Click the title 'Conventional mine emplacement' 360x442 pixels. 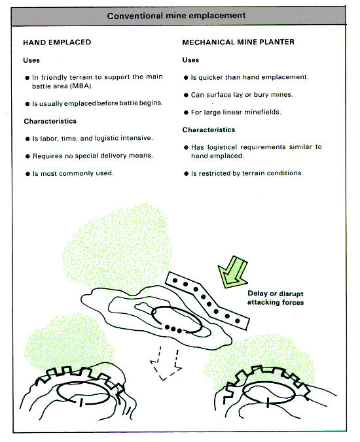(176, 16)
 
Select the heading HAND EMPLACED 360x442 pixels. (57, 42)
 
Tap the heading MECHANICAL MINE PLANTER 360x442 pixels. (238, 42)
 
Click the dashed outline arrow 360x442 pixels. (166, 364)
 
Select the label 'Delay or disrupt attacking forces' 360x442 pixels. (276, 298)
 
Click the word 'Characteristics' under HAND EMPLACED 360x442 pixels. (50, 121)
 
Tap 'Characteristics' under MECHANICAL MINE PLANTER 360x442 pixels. (209, 129)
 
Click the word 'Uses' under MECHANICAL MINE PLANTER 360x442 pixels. (190, 60)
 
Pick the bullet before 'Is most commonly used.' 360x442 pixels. (27, 174)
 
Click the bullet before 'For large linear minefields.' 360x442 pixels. (186, 112)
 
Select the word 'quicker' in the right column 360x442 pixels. (211, 78)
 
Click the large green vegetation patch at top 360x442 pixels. (117, 245)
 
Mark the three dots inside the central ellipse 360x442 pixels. (173, 329)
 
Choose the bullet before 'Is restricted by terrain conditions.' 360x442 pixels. (186, 174)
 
